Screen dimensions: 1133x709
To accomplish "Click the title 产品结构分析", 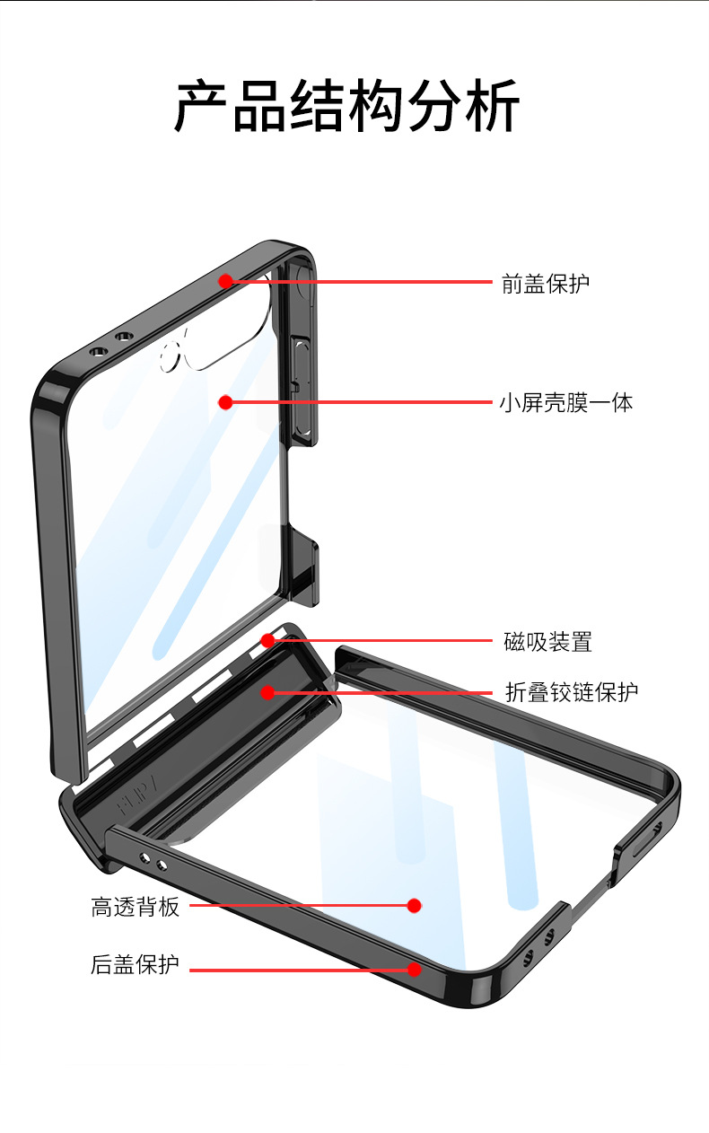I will click(x=346, y=107).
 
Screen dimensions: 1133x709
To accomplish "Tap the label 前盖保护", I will click(x=546, y=284).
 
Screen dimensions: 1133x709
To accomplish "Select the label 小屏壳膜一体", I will click(x=566, y=402).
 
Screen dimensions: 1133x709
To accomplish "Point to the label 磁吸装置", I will click(x=547, y=642).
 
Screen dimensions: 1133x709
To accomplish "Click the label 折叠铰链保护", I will click(x=572, y=692).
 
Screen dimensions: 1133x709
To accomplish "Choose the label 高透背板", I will click(x=136, y=907).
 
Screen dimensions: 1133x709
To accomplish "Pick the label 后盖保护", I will click(x=136, y=965).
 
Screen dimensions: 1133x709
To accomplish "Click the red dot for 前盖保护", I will click(x=225, y=281).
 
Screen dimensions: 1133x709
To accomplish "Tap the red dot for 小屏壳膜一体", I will click(x=225, y=402).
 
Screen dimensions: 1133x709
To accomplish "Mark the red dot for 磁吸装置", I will click(x=267, y=640).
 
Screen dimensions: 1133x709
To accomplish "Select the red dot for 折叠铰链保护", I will click(x=267, y=692).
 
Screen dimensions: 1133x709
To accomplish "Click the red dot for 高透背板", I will click(x=414, y=906).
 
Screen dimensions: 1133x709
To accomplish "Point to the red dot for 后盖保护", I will click(x=414, y=969).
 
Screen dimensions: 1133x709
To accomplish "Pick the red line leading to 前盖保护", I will click(x=359, y=281).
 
